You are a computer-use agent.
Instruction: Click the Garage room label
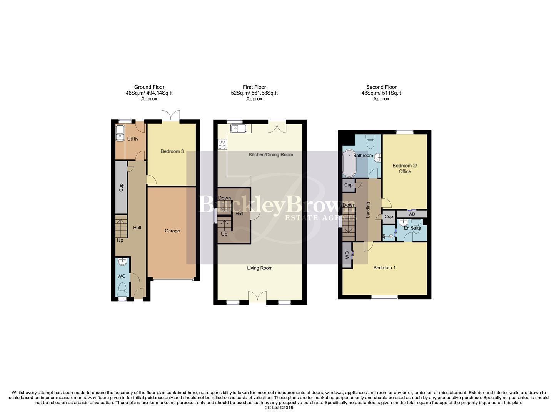172,231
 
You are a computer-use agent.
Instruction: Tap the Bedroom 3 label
172,151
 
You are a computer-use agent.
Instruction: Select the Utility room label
133,139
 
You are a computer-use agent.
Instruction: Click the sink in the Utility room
120,134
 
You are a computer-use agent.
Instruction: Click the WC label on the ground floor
122,276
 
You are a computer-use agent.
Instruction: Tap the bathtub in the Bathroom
349,162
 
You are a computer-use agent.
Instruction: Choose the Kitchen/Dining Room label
271,155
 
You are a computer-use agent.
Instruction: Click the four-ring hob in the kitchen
222,144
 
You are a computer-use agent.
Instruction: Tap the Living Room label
260,268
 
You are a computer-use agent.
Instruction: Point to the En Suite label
412,228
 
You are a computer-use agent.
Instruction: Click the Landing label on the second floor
368,210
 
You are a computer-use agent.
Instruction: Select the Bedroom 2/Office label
404,169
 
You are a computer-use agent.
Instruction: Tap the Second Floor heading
381,87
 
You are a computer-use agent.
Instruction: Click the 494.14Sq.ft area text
158,93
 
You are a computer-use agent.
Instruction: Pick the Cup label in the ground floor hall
121,188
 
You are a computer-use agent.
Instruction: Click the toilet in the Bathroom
371,143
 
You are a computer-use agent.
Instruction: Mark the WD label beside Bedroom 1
347,255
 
